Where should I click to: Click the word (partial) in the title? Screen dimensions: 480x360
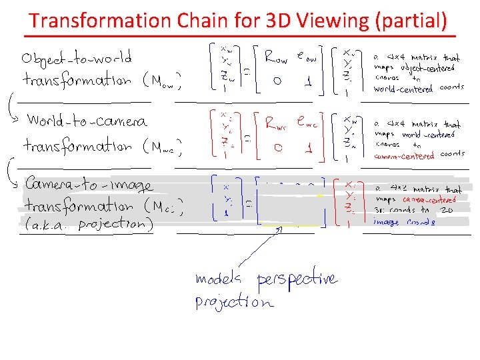[411, 21]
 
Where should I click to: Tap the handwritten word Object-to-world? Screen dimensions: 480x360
[77, 57]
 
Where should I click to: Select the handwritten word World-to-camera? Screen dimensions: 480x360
[87, 121]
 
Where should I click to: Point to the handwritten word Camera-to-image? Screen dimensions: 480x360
[89, 184]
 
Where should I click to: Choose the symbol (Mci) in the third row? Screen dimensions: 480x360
[163, 207]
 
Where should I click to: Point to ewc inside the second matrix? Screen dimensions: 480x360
[309, 124]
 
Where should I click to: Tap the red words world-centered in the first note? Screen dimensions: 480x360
[403, 89]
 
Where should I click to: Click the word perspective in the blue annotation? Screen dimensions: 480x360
[297, 279]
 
